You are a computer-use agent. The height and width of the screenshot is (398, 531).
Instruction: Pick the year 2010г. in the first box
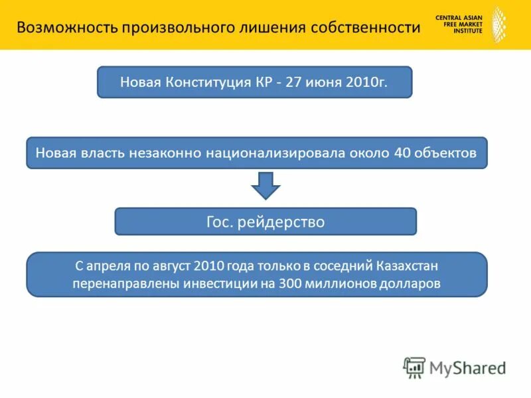pyautogui.click(x=364, y=83)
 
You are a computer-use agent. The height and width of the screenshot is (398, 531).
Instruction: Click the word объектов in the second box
pyautogui.click(x=447, y=153)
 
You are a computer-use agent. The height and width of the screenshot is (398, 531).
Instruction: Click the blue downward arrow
pyautogui.click(x=265, y=185)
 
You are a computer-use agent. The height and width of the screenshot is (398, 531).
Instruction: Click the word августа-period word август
pyautogui.click(x=169, y=266)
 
